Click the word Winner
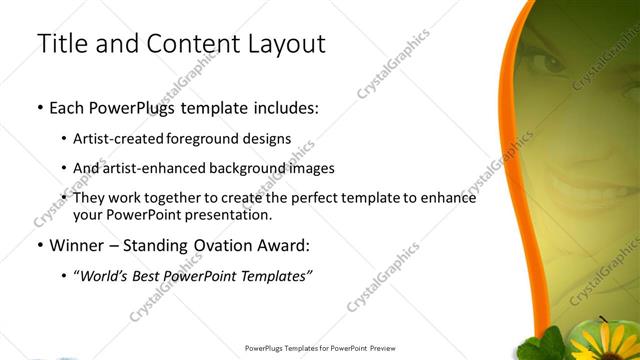click(x=77, y=245)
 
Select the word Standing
click(x=150, y=245)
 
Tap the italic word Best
click(x=154, y=276)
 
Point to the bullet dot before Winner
click(x=39, y=245)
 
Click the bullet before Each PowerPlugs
click(x=39, y=106)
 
